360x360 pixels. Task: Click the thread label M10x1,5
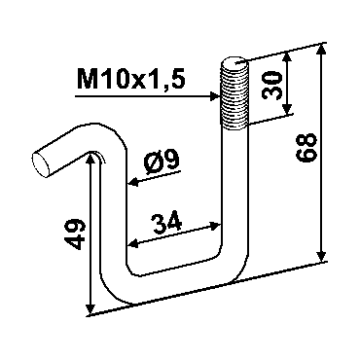click(x=131, y=80)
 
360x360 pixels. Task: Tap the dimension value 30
click(x=271, y=86)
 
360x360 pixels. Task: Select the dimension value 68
click(x=306, y=147)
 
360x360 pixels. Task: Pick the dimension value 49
click(x=75, y=234)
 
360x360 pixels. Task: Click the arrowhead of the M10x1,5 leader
click(x=214, y=96)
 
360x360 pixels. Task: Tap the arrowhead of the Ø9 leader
click(x=133, y=183)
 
